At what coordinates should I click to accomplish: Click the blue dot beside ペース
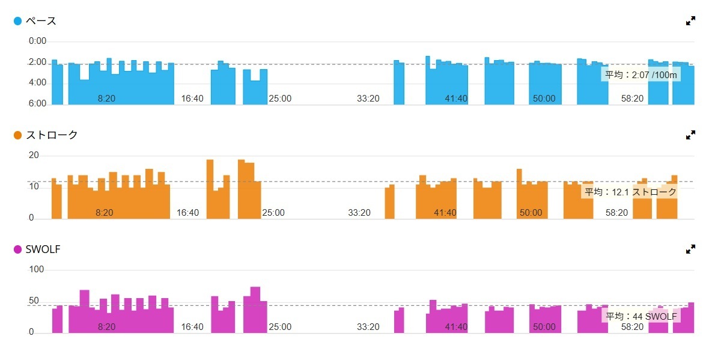(x=18, y=21)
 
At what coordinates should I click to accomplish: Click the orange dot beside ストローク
(x=18, y=135)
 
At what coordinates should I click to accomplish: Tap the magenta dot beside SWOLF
(x=18, y=249)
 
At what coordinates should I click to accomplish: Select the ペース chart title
(x=43, y=21)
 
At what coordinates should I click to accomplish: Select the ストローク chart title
(x=52, y=135)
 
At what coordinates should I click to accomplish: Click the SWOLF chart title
(x=43, y=249)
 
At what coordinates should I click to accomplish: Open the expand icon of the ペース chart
(x=690, y=21)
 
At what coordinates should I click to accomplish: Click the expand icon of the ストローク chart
(x=690, y=135)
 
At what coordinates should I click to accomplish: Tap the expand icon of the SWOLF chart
(x=690, y=249)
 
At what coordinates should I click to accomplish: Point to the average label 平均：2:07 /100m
(x=641, y=75)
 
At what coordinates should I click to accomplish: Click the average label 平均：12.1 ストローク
(x=630, y=192)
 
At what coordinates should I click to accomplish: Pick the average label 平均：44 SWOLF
(x=641, y=317)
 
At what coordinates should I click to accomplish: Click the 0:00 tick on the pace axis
(x=38, y=41)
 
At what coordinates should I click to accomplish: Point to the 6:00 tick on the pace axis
(x=38, y=103)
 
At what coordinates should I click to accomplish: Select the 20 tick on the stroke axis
(x=34, y=156)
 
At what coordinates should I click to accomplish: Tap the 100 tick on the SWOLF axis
(x=37, y=270)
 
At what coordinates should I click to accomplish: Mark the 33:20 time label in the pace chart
(x=368, y=99)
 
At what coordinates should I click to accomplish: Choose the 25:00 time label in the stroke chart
(x=273, y=213)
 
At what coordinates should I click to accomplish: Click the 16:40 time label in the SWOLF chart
(x=192, y=327)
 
